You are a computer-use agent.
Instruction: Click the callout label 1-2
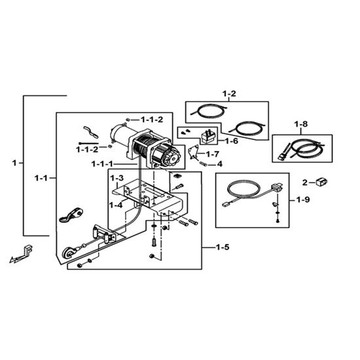click(x=229, y=94)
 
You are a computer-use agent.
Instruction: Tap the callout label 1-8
click(x=301, y=124)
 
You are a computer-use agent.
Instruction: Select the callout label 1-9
click(x=303, y=200)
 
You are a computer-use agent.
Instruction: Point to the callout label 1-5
click(x=223, y=247)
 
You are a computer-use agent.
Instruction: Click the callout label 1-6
click(x=232, y=141)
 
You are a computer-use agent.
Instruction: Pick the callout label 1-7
click(x=213, y=154)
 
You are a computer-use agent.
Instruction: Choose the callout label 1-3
click(x=117, y=178)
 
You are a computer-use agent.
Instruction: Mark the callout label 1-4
click(x=116, y=205)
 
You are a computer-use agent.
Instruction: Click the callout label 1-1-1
click(x=102, y=164)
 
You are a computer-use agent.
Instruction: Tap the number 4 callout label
click(x=220, y=164)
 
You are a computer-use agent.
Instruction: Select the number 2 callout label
click(x=304, y=183)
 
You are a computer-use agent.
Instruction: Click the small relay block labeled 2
click(x=321, y=182)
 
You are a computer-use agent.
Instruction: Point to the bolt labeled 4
click(x=204, y=164)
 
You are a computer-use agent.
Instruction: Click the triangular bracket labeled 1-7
click(x=193, y=151)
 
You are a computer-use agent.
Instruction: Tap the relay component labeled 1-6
click(x=208, y=137)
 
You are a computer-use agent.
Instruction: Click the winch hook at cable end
click(x=69, y=253)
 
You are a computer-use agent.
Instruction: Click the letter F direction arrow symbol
click(x=22, y=254)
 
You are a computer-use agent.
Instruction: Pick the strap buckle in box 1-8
click(x=284, y=152)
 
